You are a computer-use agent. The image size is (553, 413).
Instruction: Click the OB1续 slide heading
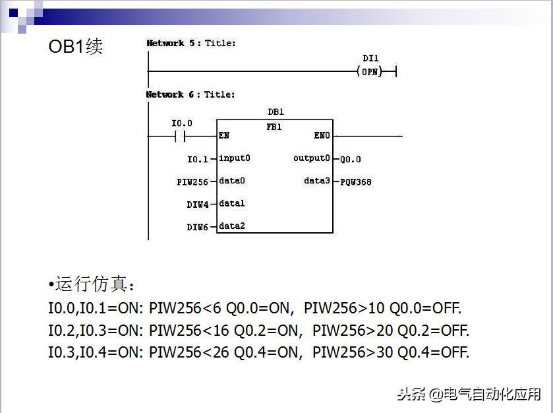76,46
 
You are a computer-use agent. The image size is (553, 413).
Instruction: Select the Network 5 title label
190,43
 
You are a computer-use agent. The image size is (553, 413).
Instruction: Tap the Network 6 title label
190,94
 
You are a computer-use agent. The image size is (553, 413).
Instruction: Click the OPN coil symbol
370,72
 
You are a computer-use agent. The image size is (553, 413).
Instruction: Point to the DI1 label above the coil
370,58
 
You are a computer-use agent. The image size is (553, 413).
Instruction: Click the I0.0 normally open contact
180,136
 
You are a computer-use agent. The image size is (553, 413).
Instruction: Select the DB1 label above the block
276,112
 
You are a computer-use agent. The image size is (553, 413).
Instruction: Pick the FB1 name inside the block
274,127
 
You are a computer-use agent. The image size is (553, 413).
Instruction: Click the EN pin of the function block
224,135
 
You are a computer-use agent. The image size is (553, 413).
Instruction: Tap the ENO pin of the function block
322,135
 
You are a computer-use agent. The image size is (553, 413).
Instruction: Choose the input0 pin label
235,158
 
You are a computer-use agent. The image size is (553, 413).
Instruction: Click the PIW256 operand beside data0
192,182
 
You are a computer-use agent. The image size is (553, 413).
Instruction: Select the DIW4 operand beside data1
198,205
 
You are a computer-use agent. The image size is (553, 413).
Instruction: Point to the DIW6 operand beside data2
198,227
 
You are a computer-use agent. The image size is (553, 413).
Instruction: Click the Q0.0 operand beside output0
351,159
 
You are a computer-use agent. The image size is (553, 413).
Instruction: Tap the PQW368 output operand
355,182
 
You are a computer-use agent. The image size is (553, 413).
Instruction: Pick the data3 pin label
316,180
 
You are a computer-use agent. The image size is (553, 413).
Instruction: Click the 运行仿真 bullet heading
91,284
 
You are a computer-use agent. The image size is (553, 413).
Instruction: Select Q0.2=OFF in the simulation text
434,331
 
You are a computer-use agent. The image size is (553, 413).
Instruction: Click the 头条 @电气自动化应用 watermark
469,394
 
